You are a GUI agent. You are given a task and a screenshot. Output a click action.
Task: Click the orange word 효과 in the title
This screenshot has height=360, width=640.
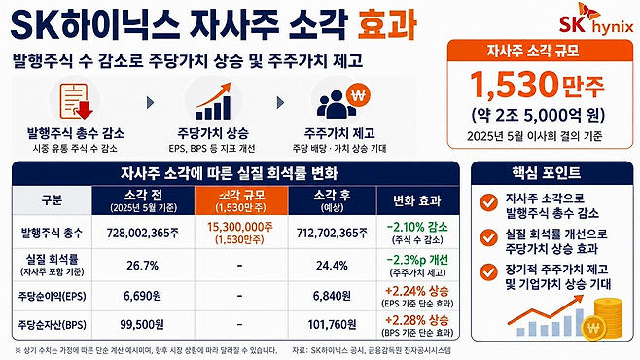coord(387,25)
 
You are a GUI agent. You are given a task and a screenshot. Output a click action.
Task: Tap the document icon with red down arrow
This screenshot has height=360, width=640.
coord(76,101)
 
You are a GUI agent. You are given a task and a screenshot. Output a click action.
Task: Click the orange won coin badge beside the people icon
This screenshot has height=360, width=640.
coord(358,95)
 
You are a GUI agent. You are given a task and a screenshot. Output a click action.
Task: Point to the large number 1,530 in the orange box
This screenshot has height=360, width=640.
coord(515,86)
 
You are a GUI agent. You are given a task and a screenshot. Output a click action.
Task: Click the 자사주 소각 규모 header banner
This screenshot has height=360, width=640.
coord(540,51)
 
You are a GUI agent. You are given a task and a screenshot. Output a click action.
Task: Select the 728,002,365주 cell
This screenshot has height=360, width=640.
coord(143,233)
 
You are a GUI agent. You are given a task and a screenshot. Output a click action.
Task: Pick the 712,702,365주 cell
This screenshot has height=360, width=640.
coord(332,233)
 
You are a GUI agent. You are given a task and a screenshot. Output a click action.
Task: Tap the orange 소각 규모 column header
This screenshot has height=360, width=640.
coord(241,200)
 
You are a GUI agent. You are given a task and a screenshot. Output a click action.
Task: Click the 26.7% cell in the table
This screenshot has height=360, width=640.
coord(142,266)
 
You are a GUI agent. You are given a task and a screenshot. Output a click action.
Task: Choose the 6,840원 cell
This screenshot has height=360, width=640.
coord(332,296)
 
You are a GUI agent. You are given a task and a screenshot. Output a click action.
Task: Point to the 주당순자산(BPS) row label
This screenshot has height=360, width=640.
coord(52,325)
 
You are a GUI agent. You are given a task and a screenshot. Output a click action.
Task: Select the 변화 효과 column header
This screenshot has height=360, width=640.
coord(417,200)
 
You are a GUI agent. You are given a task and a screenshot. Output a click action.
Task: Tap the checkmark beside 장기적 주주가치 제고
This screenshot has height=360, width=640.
coord(488,272)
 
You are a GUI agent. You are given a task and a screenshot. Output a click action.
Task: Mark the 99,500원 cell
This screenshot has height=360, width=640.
coord(142,325)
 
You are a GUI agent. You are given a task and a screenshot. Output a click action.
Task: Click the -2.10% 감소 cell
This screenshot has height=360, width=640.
coord(417,233)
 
